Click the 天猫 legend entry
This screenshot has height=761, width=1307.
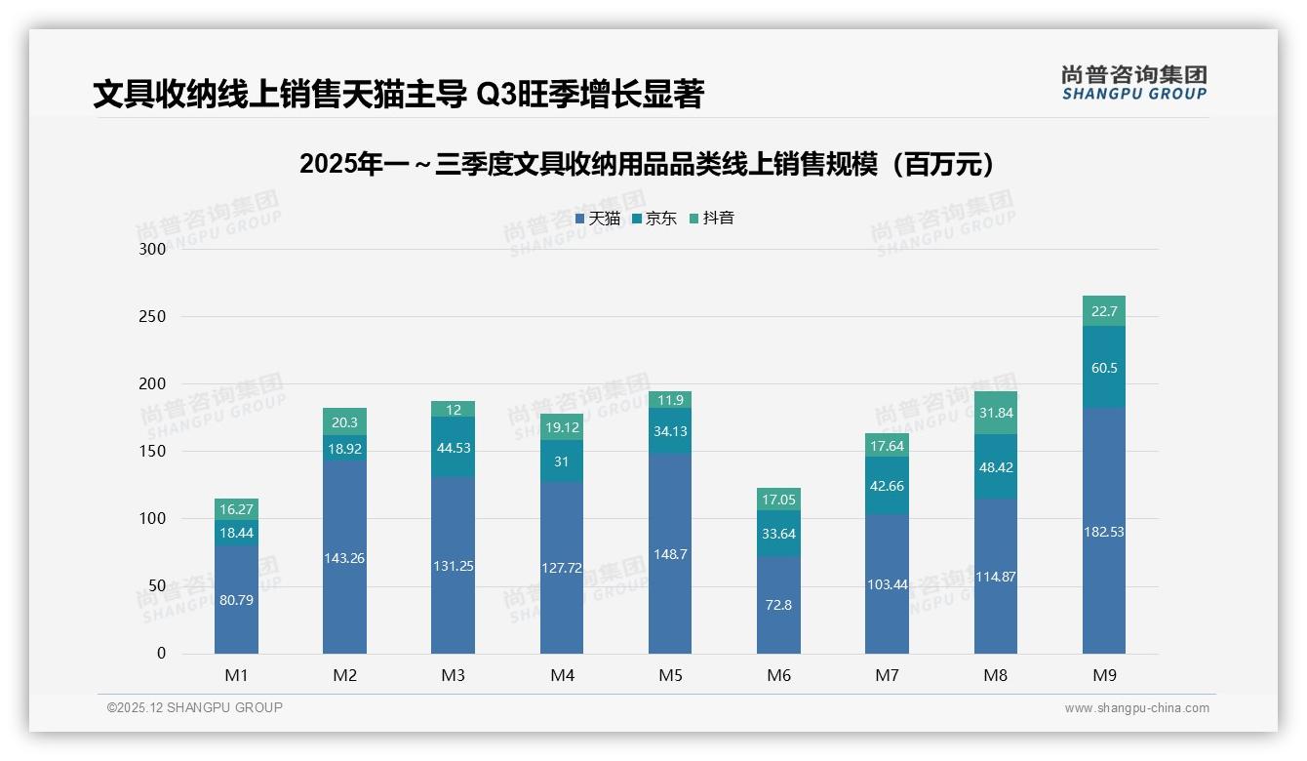click(x=598, y=219)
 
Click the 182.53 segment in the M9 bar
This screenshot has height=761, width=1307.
click(x=1103, y=532)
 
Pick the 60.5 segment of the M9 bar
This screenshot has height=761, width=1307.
click(x=1103, y=368)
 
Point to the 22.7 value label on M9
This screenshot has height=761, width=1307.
click(x=1103, y=312)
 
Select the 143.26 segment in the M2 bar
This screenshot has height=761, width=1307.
click(x=344, y=558)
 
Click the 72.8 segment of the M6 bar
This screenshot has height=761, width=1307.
click(x=778, y=605)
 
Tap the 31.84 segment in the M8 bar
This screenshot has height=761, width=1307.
click(x=995, y=413)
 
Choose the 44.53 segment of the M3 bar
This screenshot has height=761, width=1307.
click(x=453, y=448)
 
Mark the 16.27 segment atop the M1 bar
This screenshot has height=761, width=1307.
click(x=236, y=509)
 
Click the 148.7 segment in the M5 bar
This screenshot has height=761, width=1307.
click(x=670, y=553)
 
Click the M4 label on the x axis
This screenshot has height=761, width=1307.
click(x=562, y=675)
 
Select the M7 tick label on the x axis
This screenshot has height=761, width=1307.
click(x=887, y=675)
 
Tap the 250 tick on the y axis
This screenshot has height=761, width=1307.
click(x=153, y=317)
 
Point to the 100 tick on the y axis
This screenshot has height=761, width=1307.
click(x=153, y=519)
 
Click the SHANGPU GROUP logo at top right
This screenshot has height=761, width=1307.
click(x=1133, y=83)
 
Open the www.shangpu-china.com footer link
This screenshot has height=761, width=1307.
click(x=1136, y=708)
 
